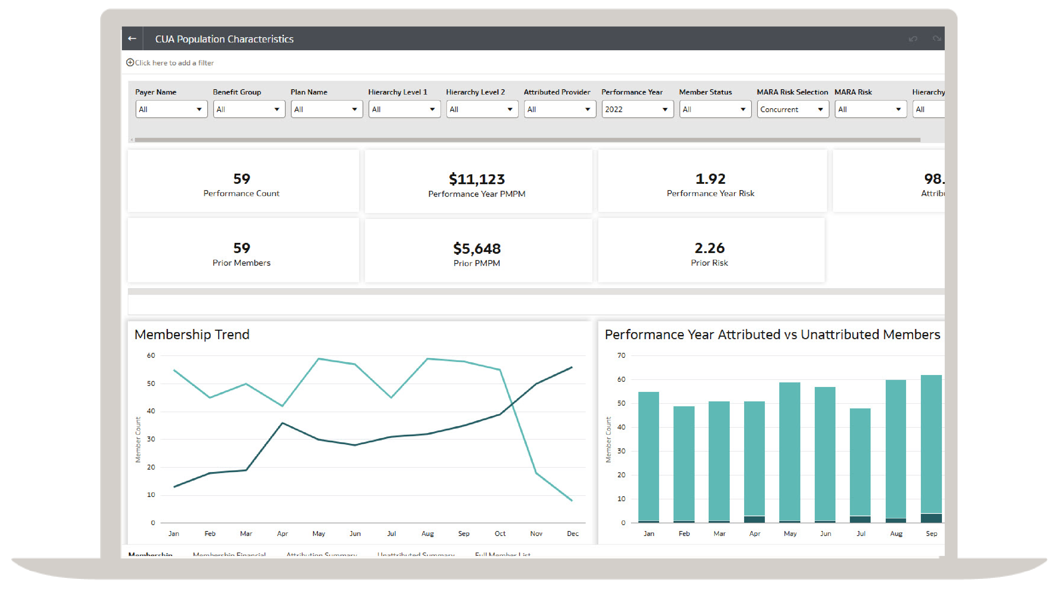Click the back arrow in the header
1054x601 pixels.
pyautogui.click(x=132, y=38)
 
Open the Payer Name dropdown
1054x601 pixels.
pyautogui.click(x=171, y=109)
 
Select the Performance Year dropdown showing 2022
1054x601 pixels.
pyautogui.click(x=637, y=109)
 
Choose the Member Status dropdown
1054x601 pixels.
pyautogui.click(x=715, y=109)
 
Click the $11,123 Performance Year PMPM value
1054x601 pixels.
pyautogui.click(x=476, y=179)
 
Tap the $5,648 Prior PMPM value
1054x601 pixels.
pyautogui.click(x=476, y=248)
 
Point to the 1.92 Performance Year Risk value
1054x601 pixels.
pyautogui.click(x=710, y=179)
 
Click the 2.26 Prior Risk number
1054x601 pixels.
pyautogui.click(x=709, y=248)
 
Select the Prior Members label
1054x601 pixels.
pyautogui.click(x=241, y=263)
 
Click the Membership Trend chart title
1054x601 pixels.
pyautogui.click(x=192, y=334)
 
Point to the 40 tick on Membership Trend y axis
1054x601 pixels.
pyautogui.click(x=151, y=411)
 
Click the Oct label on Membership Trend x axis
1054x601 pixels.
pyautogui.click(x=500, y=534)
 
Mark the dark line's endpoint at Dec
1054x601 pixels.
pyautogui.click(x=572, y=367)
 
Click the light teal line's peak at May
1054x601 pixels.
pyautogui.click(x=318, y=359)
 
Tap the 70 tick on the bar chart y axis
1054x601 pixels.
pyautogui.click(x=621, y=355)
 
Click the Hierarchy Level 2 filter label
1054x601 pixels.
pyautogui.click(x=475, y=92)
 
